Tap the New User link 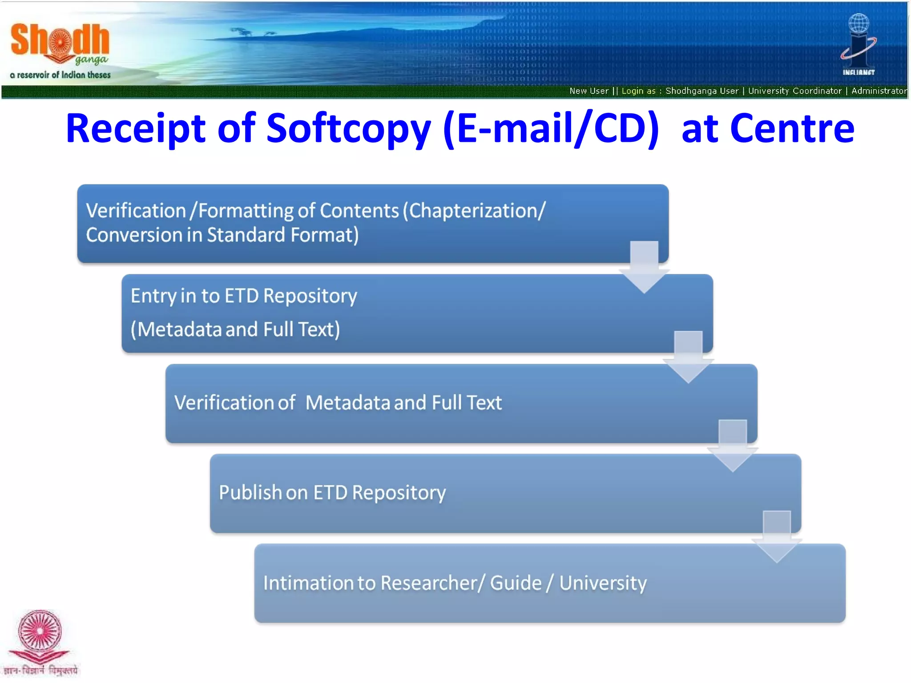coord(589,91)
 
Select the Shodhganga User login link coord(701,91)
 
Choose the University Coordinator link coord(794,91)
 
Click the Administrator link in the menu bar coord(879,91)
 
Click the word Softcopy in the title coord(348,129)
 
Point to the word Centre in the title coord(792,129)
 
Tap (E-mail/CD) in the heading coord(551,129)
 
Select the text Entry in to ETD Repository coord(244,296)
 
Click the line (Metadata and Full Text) coord(235,329)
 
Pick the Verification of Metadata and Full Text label coord(338,403)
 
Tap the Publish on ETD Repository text coord(332,493)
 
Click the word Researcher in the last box coord(429,583)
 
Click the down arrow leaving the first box coord(644,267)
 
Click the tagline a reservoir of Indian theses coord(60,75)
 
